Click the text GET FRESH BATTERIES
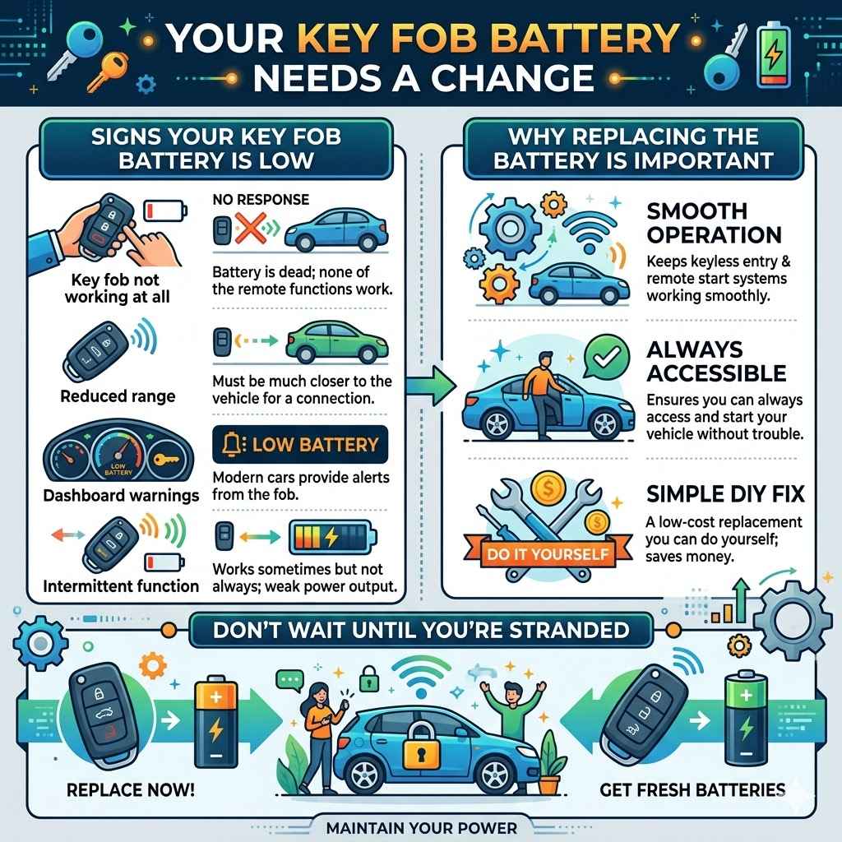[x=692, y=790]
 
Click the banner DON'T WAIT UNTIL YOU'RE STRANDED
[x=422, y=630]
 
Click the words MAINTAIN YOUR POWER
[x=422, y=827]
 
